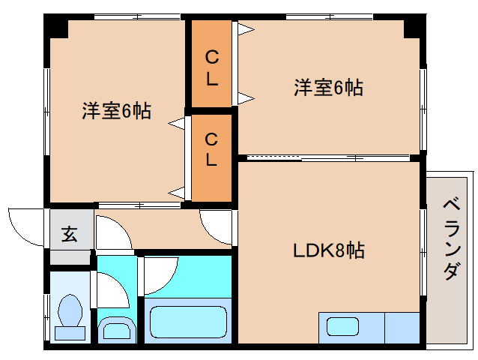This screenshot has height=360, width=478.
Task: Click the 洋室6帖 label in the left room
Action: pyautogui.click(x=116, y=111)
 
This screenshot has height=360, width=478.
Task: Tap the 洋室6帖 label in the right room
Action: pyautogui.click(x=328, y=88)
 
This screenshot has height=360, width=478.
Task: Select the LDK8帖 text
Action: pyautogui.click(x=328, y=250)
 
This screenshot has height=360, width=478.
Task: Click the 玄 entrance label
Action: pyautogui.click(x=69, y=235)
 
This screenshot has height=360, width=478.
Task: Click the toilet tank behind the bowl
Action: pyautogui.click(x=70, y=333)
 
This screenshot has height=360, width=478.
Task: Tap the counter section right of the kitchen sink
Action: pyautogui.click(x=402, y=327)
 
